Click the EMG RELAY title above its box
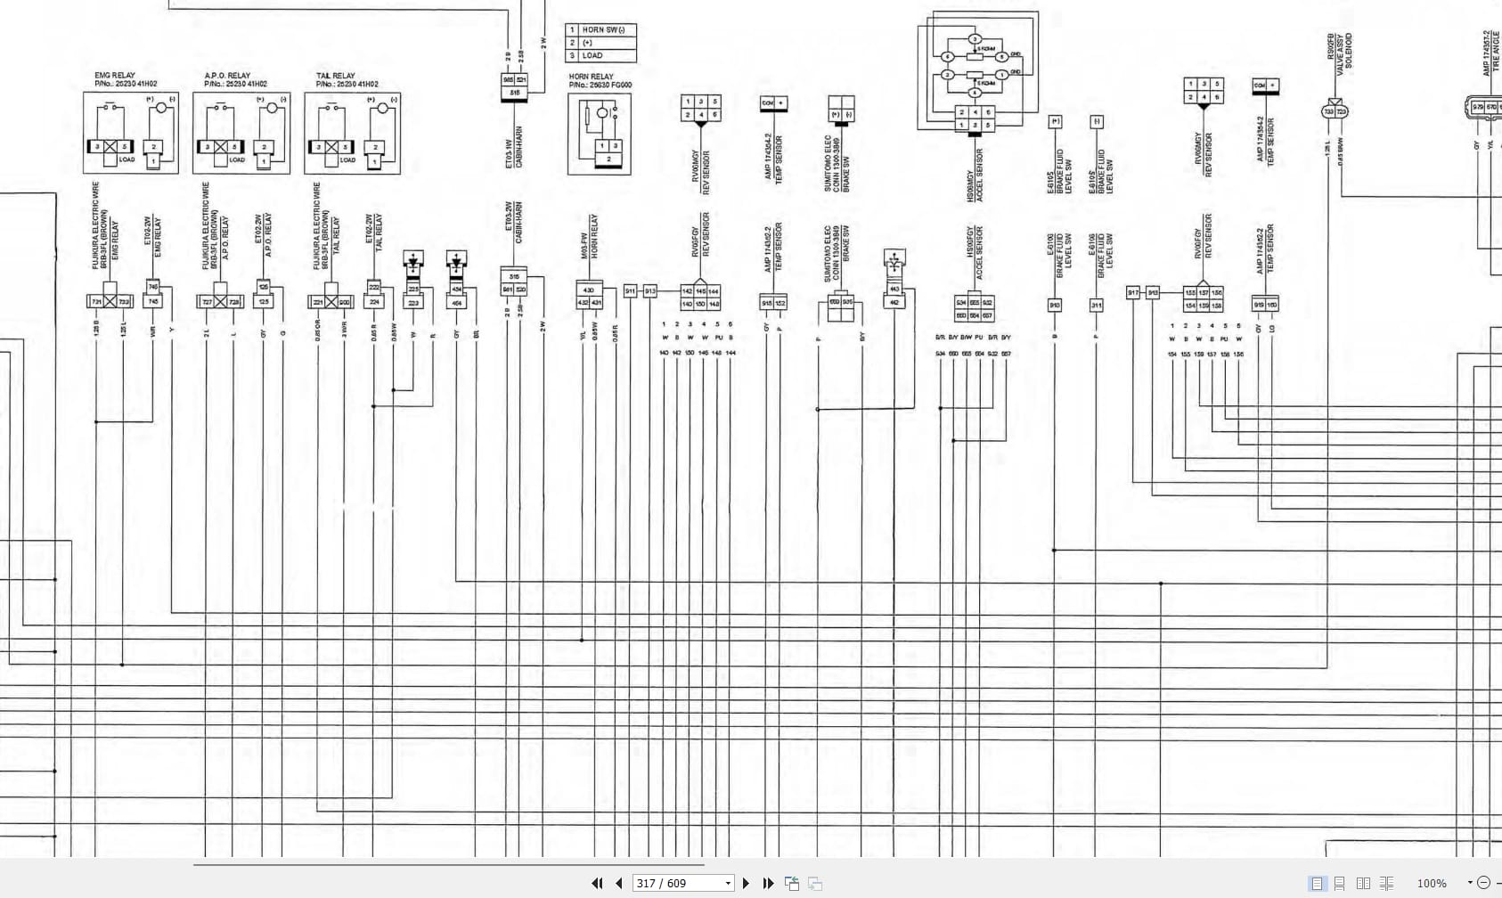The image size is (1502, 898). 115,76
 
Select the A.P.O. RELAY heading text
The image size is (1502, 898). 227,76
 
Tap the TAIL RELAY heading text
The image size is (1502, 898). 335,76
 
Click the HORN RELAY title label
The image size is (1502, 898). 591,77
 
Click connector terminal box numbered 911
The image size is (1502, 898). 631,291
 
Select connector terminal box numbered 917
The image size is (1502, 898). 1133,292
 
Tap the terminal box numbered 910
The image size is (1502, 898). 1055,305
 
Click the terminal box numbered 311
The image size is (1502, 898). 1096,305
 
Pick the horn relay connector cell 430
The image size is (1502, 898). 588,290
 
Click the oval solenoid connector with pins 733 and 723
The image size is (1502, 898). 1335,111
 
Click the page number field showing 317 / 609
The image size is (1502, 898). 677,883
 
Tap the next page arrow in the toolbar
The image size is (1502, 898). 746,883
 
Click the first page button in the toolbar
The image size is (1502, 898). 597,883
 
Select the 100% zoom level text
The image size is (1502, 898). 1432,883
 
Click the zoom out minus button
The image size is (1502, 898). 1483,883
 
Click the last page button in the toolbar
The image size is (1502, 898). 768,883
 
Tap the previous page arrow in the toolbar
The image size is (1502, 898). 619,883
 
